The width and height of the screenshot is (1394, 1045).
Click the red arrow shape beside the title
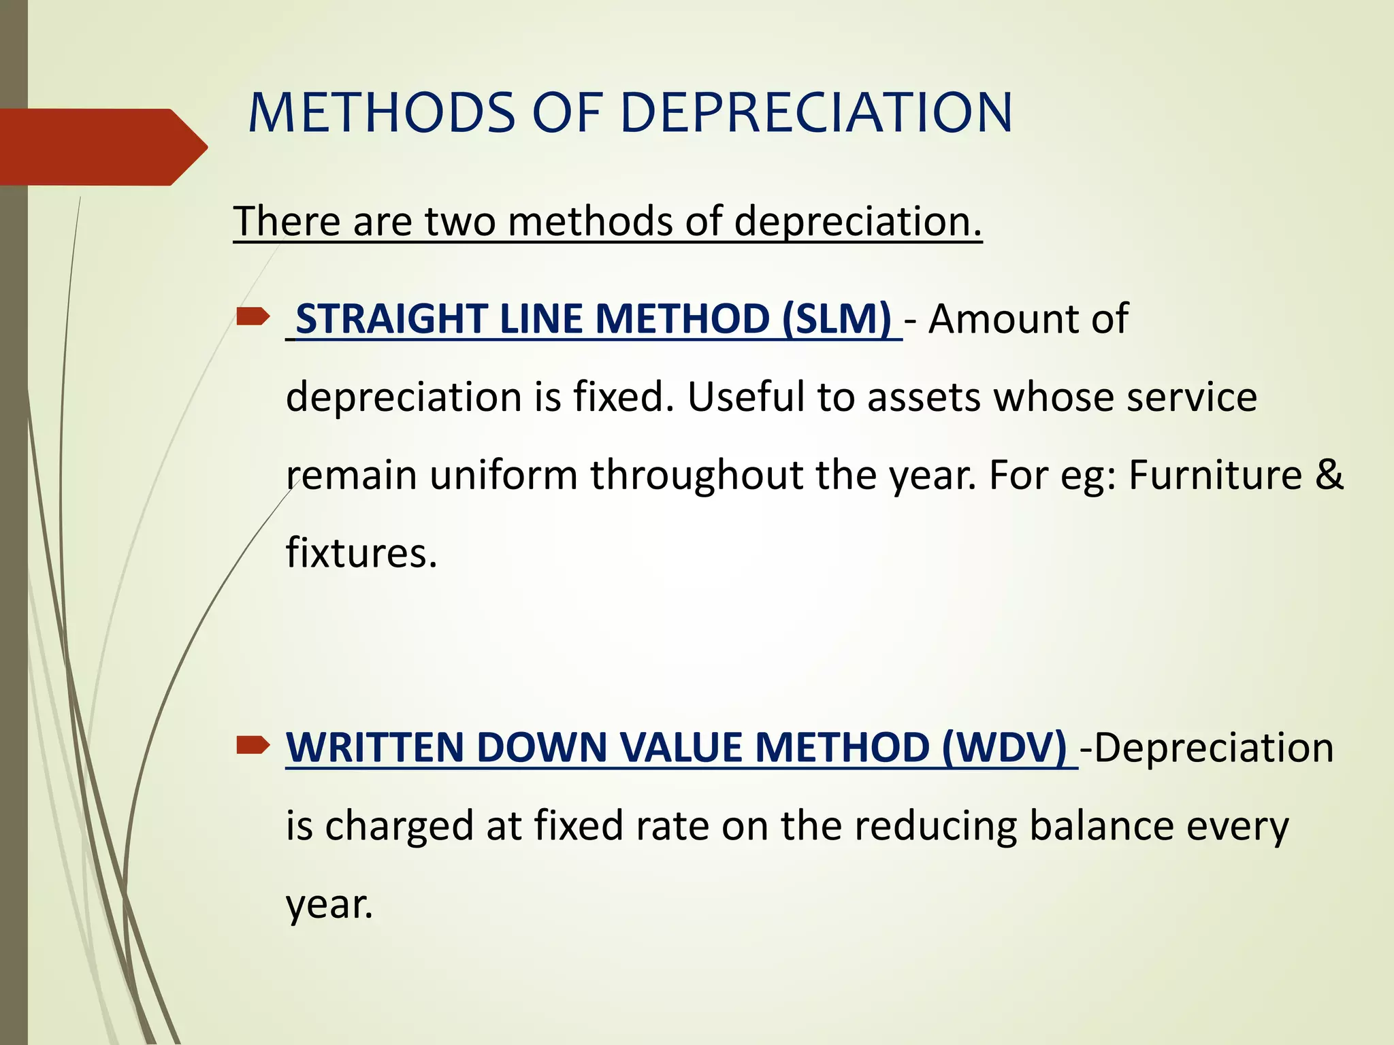pos(102,147)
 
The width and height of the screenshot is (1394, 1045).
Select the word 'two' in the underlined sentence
pos(459,222)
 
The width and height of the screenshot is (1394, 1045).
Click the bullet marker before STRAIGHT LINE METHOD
pos(253,317)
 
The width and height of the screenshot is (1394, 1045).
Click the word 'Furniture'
pos(1215,475)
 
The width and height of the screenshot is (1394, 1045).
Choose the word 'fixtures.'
pos(361,552)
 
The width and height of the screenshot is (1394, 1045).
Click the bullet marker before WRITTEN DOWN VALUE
pos(253,746)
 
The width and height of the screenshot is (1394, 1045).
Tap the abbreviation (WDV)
pos(1005,748)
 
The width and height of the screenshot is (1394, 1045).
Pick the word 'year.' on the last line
pos(329,905)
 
